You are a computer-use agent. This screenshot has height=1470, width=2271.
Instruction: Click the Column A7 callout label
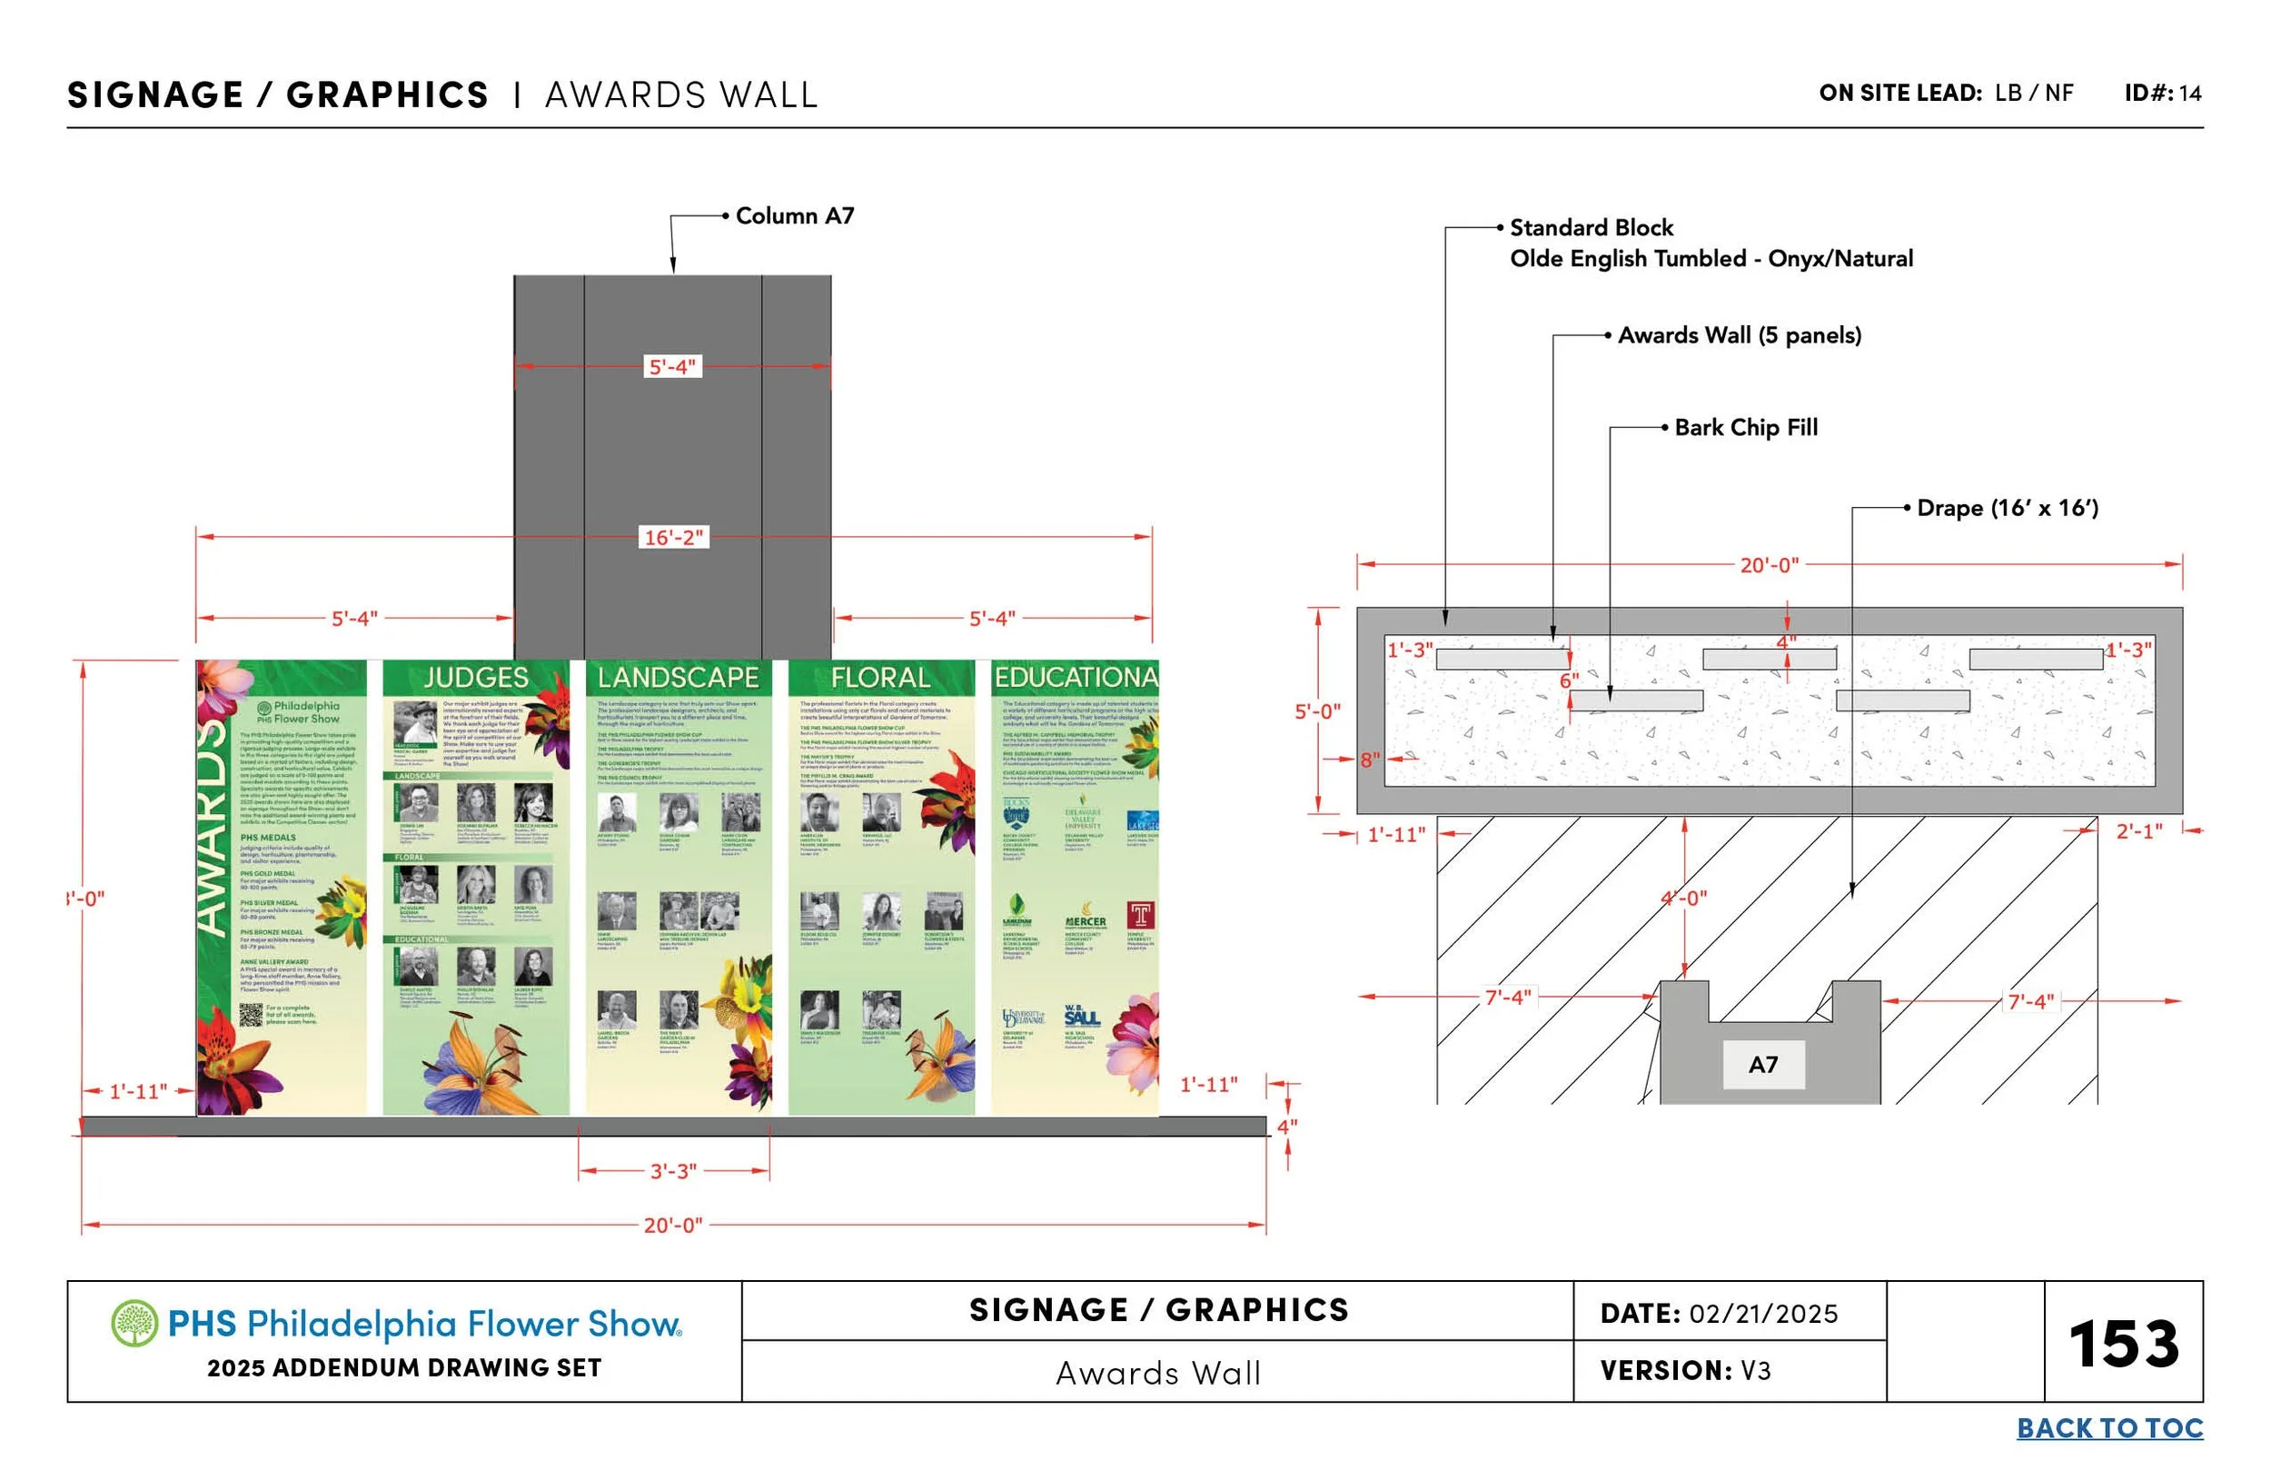point(794,215)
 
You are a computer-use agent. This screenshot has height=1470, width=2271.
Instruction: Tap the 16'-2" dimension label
point(673,538)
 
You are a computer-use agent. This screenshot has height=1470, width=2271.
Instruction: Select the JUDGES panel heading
point(475,678)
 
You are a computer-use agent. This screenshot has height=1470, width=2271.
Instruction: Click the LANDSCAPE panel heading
point(678,678)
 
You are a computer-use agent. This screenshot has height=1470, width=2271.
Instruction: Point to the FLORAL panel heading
point(879,678)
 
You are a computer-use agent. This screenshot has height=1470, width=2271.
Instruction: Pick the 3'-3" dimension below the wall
point(673,1170)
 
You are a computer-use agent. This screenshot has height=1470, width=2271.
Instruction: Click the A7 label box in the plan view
point(1762,1064)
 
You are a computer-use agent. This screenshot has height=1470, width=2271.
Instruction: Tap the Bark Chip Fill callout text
point(1745,428)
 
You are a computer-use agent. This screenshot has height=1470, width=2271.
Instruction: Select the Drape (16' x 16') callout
point(2007,508)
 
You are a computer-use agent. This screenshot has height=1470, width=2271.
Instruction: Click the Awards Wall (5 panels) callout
point(1739,335)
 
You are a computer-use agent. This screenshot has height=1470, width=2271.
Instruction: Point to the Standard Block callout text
point(1591,228)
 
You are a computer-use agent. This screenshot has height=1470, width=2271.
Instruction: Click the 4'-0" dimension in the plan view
point(1684,899)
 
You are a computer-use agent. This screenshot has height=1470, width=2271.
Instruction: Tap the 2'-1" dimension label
point(2139,831)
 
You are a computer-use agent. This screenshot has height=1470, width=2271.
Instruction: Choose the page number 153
point(2123,1344)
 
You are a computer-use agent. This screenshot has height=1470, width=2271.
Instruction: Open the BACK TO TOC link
point(2108,1428)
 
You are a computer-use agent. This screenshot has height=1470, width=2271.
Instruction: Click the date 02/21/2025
point(1762,1314)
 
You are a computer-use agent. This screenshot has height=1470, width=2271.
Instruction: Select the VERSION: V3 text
point(1684,1371)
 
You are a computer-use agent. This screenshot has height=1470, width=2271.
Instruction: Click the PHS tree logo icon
point(134,1323)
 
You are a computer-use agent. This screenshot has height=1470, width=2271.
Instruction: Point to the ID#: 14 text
point(2162,93)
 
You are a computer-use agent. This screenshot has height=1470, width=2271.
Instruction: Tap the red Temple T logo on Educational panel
point(1140,916)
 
